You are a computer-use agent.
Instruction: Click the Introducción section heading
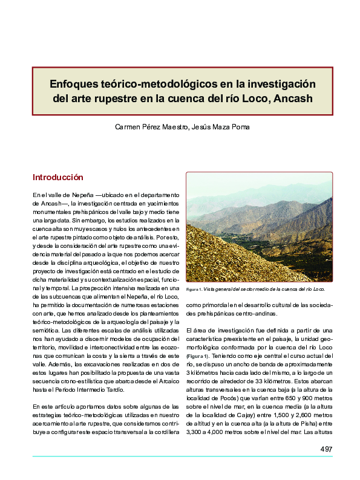57,178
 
